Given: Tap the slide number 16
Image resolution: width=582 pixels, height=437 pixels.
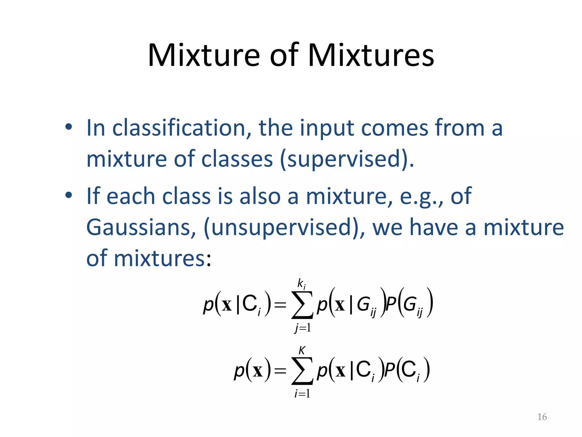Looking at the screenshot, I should pyautogui.click(x=542, y=417).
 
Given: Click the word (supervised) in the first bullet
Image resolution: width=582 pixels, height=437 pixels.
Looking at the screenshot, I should pyautogui.click(x=347, y=159).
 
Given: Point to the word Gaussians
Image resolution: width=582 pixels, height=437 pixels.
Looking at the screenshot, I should pyautogui.click(x=141, y=228).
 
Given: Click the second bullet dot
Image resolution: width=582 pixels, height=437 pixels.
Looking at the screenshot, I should pyautogui.click(x=68, y=195).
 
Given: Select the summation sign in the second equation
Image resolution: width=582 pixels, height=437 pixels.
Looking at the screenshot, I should pyautogui.click(x=302, y=371).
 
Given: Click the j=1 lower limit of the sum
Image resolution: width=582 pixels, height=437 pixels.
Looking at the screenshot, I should pyautogui.click(x=303, y=328).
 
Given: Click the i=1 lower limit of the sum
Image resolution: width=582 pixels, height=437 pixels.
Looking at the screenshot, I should pyautogui.click(x=302, y=394).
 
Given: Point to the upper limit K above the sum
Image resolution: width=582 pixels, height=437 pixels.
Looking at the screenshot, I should pyautogui.click(x=302, y=351).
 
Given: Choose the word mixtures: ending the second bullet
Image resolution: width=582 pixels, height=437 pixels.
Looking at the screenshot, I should pyautogui.click(x=163, y=259).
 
